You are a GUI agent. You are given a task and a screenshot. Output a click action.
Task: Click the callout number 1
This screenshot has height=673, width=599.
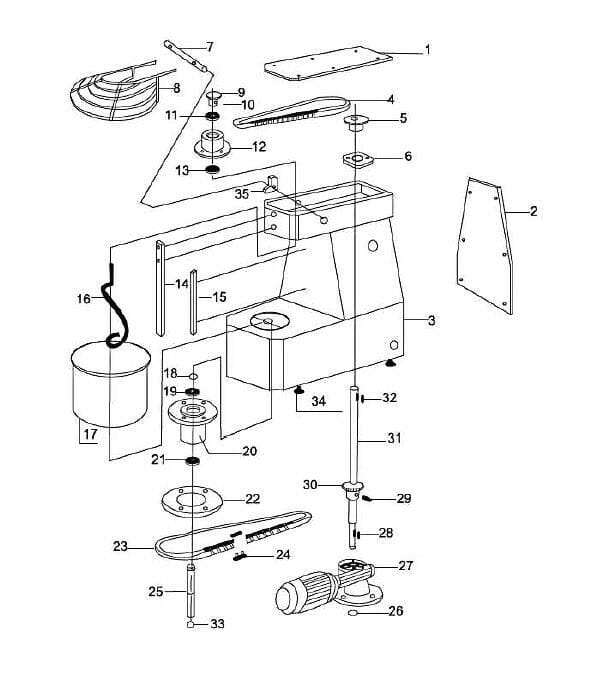(x=427, y=50)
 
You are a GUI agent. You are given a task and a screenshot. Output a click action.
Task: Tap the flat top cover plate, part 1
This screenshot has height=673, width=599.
(x=328, y=63)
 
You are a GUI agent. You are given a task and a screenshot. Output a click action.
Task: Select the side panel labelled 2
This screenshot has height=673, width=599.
(x=485, y=246)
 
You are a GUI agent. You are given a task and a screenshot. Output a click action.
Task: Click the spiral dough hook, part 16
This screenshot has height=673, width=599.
(x=114, y=306)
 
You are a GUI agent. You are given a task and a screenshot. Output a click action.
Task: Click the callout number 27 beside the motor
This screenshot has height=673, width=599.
(x=405, y=565)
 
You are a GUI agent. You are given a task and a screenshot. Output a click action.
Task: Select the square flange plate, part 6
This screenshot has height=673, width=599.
(x=357, y=160)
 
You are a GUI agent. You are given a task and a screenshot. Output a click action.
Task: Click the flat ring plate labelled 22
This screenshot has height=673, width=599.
(x=192, y=501)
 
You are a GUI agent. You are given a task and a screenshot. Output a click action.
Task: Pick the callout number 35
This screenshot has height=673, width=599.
(x=242, y=194)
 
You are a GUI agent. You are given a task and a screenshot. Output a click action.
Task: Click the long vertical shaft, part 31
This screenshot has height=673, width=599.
(x=354, y=434)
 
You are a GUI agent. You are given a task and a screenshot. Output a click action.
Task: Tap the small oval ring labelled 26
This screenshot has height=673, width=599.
(x=353, y=612)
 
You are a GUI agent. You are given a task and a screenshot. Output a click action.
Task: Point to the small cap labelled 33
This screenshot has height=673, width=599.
(x=191, y=624)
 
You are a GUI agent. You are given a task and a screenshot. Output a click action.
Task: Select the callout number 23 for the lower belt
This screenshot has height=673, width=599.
(x=121, y=546)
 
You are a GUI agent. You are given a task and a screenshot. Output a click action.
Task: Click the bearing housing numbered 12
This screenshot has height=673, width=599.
(x=212, y=144)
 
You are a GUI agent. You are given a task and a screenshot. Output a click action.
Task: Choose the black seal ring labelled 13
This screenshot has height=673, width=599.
(x=212, y=170)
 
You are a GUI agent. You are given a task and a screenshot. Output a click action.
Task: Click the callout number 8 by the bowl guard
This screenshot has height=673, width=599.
(x=176, y=88)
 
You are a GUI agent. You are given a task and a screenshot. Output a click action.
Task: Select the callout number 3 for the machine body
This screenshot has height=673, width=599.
(x=431, y=320)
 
